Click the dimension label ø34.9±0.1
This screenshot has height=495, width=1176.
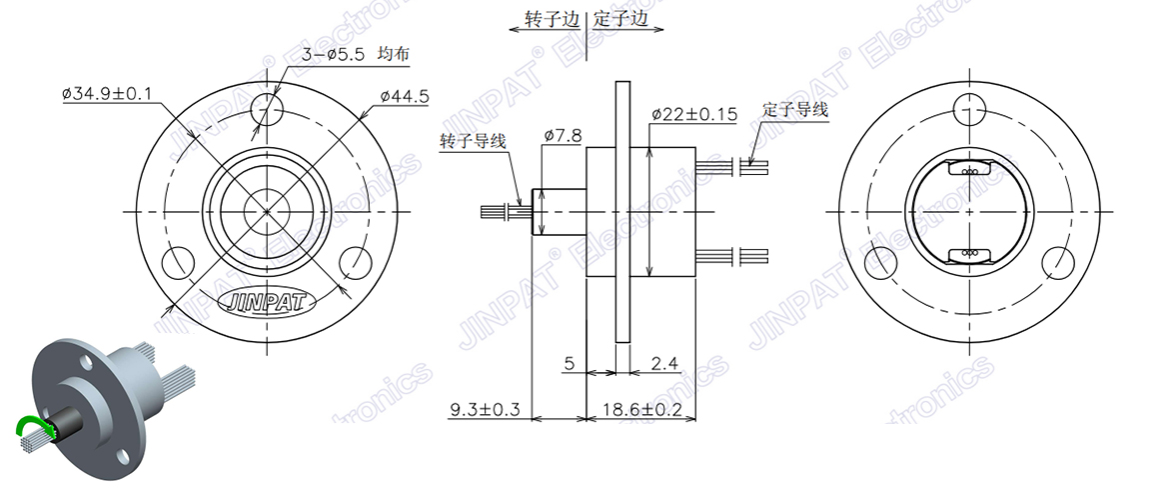point(107,94)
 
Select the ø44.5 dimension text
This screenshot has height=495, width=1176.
point(404,96)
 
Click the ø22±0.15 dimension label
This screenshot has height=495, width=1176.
point(693,115)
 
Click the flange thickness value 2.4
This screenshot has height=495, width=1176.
point(665,362)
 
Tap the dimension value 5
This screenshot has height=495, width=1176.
point(569,364)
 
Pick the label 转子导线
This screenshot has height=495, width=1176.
point(473,142)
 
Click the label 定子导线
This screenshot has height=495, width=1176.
point(794,110)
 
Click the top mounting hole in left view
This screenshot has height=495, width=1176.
point(268,107)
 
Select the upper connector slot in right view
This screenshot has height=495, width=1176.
point(969,171)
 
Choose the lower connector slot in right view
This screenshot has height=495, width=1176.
point(969,253)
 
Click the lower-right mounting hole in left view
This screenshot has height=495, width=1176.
point(357,263)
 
